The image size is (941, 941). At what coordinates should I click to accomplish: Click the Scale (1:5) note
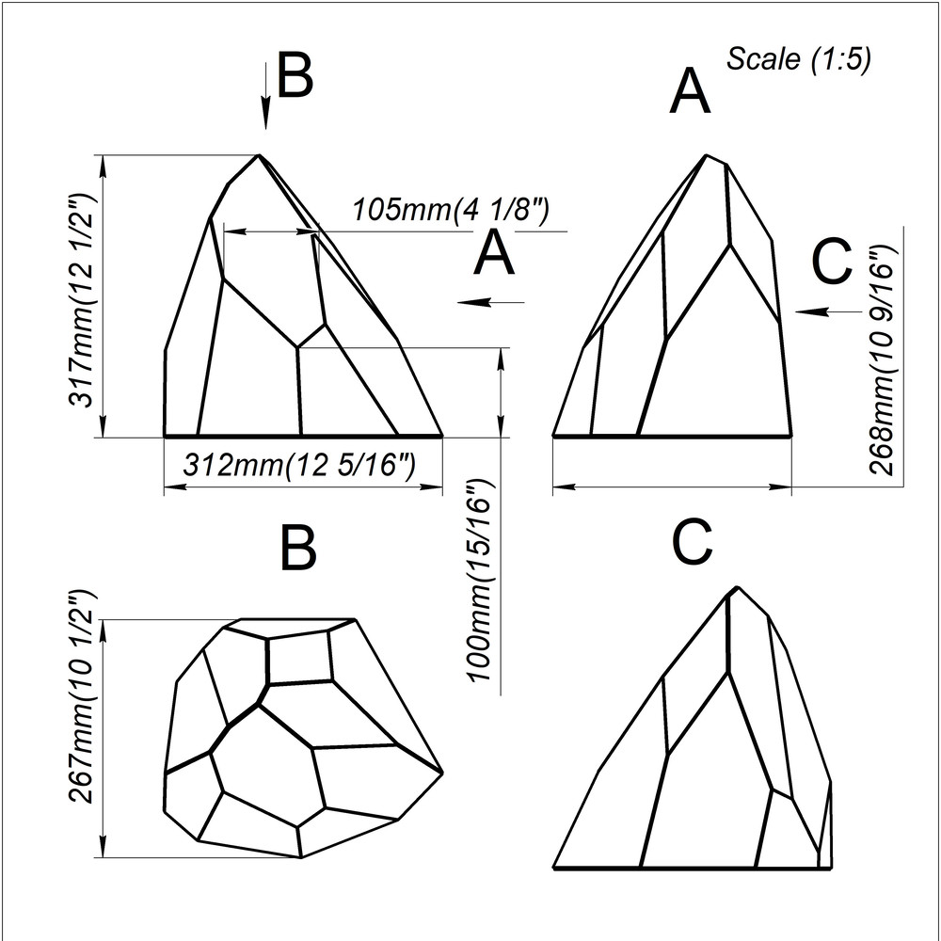pyautogui.click(x=798, y=59)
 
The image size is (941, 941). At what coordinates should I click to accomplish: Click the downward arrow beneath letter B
pyautogui.click(x=266, y=94)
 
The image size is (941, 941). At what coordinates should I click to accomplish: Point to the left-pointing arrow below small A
pyautogui.click(x=490, y=302)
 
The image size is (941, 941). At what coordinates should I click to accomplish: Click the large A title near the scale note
pyautogui.click(x=690, y=93)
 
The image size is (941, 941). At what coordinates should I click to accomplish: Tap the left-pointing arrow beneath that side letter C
pyautogui.click(x=828, y=311)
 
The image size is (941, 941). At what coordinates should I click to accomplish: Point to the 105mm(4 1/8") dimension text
pyautogui.click(x=450, y=210)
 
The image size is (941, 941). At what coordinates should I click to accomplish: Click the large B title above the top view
pyautogui.click(x=298, y=549)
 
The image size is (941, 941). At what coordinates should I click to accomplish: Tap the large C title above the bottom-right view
pyautogui.click(x=693, y=543)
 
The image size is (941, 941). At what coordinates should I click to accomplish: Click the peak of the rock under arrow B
pyautogui.click(x=259, y=155)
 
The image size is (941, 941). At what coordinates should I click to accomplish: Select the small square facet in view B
pyautogui.click(x=299, y=657)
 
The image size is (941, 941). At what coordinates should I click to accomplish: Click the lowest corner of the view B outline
pyautogui.click(x=300, y=857)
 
